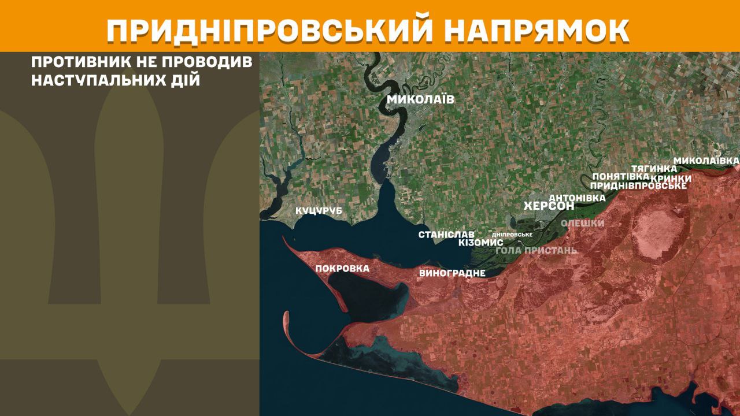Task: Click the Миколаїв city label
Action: (x=420, y=99)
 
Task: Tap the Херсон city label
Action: (x=549, y=206)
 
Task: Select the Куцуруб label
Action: (x=319, y=211)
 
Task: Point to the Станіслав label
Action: (x=446, y=235)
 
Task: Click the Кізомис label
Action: (x=480, y=243)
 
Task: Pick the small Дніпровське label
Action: (x=511, y=235)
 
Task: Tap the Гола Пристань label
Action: (x=536, y=250)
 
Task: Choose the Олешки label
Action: (x=583, y=223)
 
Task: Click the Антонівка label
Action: (x=576, y=198)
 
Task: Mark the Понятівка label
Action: (x=616, y=177)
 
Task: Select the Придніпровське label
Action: (x=638, y=185)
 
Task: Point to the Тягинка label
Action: (x=654, y=168)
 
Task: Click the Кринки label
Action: (x=671, y=178)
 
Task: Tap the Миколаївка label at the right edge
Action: (x=706, y=159)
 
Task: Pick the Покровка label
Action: (x=342, y=268)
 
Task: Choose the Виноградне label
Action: (x=452, y=273)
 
